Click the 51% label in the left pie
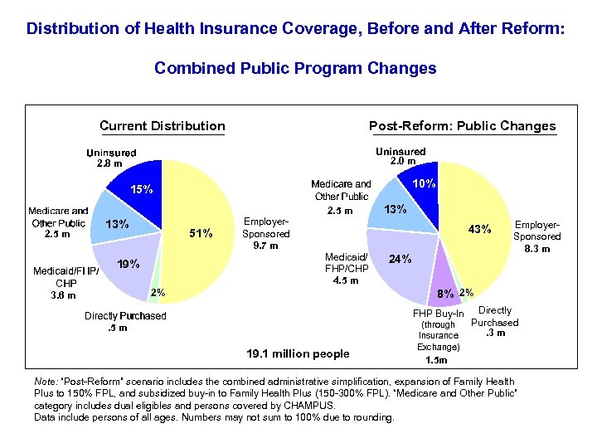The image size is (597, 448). click(201, 233)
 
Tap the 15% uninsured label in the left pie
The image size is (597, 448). click(140, 189)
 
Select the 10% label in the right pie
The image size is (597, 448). click(425, 183)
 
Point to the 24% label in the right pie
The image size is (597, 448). click(400, 259)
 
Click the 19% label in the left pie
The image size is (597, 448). click(128, 265)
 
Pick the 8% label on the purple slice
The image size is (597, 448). click(445, 293)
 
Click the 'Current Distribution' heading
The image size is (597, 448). click(163, 126)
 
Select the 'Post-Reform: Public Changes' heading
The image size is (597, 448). click(462, 126)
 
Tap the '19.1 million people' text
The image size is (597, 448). click(298, 353)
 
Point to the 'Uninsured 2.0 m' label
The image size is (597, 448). click(400, 157)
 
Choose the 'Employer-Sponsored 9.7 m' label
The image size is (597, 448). click(266, 233)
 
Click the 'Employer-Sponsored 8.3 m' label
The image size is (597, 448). click(537, 236)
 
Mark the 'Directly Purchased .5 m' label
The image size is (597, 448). click(124, 322)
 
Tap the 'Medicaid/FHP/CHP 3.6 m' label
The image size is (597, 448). click(66, 282)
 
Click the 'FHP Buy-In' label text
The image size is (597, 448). click(439, 314)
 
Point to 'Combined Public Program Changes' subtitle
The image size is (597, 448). click(295, 68)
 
